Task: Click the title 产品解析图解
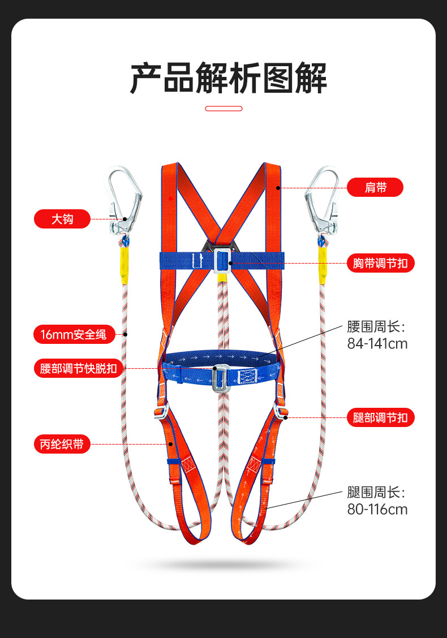coord(229,78)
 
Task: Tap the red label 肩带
coord(375,187)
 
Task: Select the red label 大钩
coord(62,218)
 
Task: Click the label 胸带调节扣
coord(380,263)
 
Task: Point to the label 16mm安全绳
coord(74,334)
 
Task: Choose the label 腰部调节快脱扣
coord(78,369)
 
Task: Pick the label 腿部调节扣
coord(380,418)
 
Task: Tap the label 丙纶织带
coord(62,444)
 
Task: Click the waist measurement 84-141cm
coord(377,343)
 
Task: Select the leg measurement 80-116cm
coord(377,509)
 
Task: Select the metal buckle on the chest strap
coord(222,260)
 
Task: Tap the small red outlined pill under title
coord(223,108)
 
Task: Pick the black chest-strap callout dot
coord(231,263)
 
